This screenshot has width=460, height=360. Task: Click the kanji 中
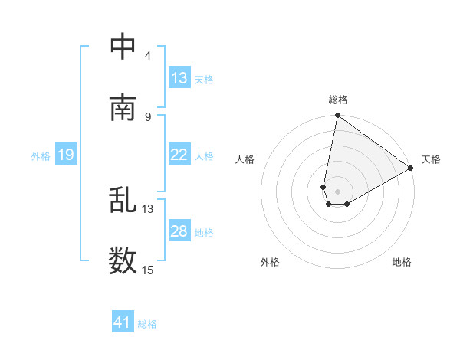tap(123, 47)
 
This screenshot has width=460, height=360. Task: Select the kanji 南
tap(123, 107)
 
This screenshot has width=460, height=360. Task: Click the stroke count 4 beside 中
tap(147, 56)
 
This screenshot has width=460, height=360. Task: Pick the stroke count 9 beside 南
tap(147, 116)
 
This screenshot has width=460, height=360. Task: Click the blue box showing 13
tap(179, 78)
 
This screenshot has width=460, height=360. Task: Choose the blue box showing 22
tap(179, 155)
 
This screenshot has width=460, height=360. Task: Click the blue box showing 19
tap(65, 155)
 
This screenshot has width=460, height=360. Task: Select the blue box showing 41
tap(123, 323)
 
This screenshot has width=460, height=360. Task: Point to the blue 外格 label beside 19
tap(41, 156)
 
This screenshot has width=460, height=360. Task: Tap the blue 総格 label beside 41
tap(147, 324)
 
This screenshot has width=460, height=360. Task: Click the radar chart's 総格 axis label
tap(338, 100)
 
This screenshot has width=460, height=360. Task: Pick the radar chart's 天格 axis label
tap(431, 159)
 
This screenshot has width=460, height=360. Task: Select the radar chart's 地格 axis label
tap(402, 262)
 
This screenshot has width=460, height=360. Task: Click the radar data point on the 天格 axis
tap(411, 169)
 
